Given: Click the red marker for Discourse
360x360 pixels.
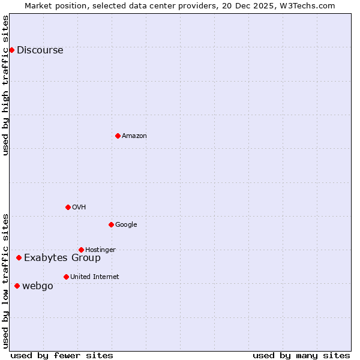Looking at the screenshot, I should (x=11, y=50).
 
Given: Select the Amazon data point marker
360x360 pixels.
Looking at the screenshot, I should (x=118, y=136).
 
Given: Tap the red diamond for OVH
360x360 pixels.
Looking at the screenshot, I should (x=68, y=207).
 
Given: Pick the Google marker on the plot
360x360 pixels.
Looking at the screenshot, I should (x=111, y=224).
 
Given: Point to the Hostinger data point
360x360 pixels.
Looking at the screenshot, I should (x=81, y=250).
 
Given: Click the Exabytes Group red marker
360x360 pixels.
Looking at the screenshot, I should (x=19, y=257).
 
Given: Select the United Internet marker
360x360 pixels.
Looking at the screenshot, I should (x=66, y=277).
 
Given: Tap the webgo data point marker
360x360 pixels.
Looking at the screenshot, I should (x=17, y=286).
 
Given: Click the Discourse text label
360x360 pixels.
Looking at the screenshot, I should (x=40, y=50).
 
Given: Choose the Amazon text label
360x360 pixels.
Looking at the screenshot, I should (x=134, y=136).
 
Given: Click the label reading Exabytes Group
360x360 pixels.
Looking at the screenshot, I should (x=62, y=258).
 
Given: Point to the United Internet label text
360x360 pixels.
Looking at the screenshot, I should (x=94, y=277).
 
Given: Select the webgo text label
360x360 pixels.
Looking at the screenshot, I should (x=38, y=286).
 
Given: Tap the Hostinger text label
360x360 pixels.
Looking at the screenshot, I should (x=100, y=250).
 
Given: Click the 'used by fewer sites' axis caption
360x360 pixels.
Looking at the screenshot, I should (x=62, y=355).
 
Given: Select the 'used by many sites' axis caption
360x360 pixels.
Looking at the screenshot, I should (x=301, y=355).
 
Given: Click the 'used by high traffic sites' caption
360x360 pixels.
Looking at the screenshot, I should (x=5, y=85).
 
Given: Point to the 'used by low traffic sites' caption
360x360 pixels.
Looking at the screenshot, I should (x=5, y=280).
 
